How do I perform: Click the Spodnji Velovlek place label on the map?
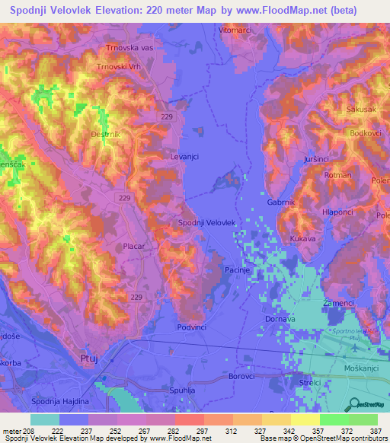click(x=206, y=222)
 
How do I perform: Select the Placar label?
click(x=133, y=247)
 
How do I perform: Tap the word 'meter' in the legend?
click(x=11, y=430)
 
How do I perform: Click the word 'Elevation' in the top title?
click(x=146, y=11)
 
